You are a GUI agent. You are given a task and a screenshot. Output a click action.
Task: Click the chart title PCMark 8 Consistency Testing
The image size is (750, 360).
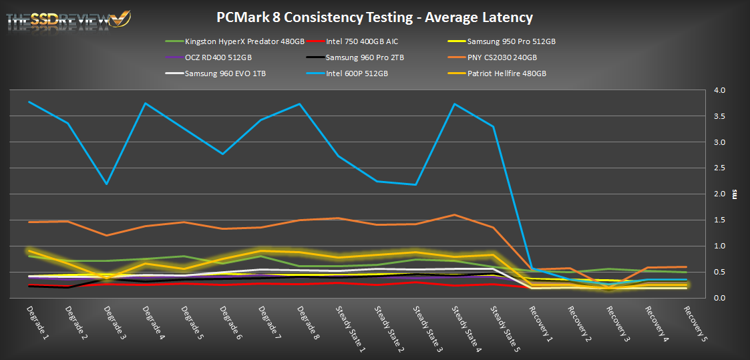pyautogui.click(x=375, y=17)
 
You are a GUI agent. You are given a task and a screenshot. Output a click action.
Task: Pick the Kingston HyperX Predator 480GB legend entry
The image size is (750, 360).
pyautogui.click(x=240, y=41)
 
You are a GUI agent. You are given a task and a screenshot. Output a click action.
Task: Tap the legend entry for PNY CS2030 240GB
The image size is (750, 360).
pyautogui.click(x=502, y=57)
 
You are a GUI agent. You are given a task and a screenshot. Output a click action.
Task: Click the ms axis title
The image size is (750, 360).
pyautogui.click(x=735, y=194)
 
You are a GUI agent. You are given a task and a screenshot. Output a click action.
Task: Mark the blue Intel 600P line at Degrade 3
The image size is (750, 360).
pyautogui.click(x=106, y=184)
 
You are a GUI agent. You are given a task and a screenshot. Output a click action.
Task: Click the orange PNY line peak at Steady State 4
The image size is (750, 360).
pyautogui.click(x=454, y=215)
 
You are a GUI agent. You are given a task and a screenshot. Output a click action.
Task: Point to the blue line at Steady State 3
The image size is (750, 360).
pyautogui.click(x=415, y=184)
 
